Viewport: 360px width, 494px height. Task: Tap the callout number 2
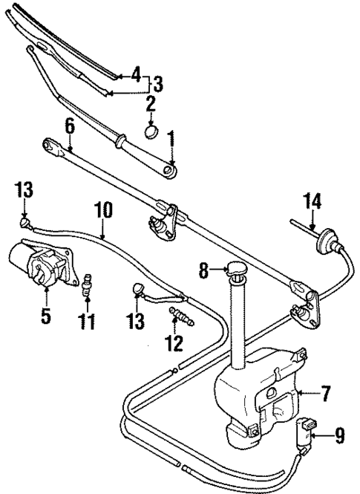coord(150,103)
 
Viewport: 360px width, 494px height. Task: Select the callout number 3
coord(157,83)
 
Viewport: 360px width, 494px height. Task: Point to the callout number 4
coord(135,74)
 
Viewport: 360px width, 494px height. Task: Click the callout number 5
coord(46,316)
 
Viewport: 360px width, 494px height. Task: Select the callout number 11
coord(88,321)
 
